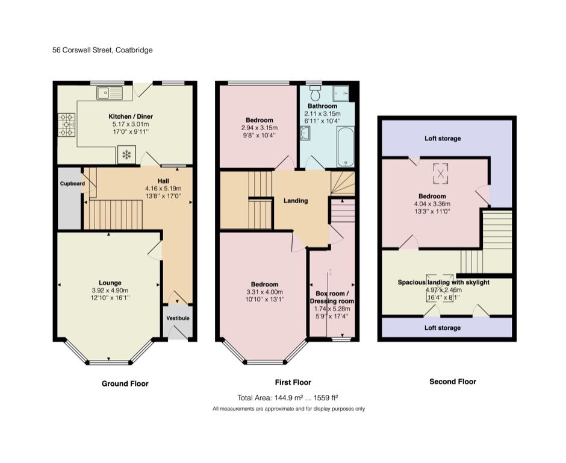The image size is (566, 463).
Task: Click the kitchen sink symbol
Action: coord(109,93)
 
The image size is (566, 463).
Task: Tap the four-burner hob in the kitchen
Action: coord(66,125)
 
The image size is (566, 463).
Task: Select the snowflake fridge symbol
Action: coord(126,156)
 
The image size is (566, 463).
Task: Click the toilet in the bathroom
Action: coord(315,95)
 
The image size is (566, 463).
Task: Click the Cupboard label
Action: coord(72,183)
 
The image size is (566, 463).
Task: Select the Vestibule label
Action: coord(178,318)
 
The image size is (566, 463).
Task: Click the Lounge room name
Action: coord(110,283)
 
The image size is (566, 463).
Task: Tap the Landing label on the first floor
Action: coord(296,201)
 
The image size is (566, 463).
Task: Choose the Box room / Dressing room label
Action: coord(332,297)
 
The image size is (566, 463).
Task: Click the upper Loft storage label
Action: coord(443,139)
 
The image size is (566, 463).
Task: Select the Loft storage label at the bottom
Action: coord(443,328)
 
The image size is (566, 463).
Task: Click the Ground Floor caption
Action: coord(125,383)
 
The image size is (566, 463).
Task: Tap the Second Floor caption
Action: coord(452,382)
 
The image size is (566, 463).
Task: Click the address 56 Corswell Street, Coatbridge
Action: coord(102,50)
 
